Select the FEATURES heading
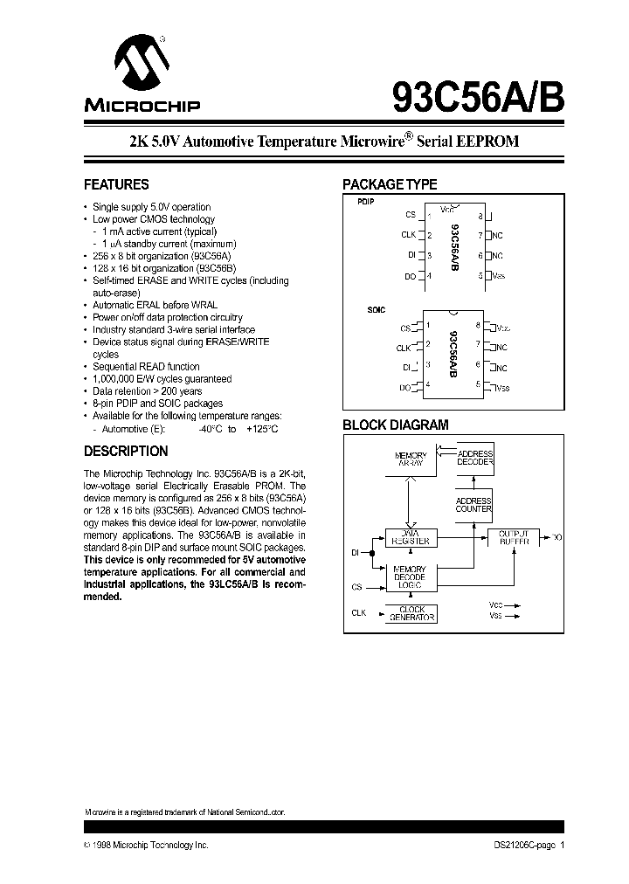[x=115, y=185]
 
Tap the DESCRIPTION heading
[x=125, y=452]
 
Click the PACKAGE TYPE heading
[x=389, y=185]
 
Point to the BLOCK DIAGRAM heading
[x=395, y=425]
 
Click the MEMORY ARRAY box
[x=410, y=460]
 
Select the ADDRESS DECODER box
[x=474, y=459]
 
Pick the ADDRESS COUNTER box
[x=474, y=505]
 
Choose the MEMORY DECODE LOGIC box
[x=410, y=577]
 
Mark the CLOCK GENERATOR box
[x=410, y=614]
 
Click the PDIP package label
[x=365, y=201]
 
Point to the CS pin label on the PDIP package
[x=411, y=215]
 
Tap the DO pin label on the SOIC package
[x=405, y=387]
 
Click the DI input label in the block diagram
[x=356, y=552]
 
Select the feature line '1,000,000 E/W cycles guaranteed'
[x=162, y=379]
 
